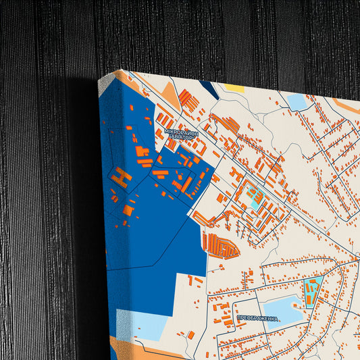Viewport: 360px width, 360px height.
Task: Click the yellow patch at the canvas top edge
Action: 234,88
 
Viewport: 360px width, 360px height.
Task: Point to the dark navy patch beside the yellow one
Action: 209,88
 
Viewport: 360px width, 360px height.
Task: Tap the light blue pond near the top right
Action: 297,102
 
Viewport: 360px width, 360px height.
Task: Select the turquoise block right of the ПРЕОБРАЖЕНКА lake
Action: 313,290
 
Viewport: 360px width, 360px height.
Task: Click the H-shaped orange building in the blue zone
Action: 122,178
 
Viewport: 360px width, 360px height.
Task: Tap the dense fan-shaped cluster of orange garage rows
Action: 220,246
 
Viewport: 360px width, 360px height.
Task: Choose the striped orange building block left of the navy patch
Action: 190,102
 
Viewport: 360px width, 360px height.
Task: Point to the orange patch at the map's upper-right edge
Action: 344,105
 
